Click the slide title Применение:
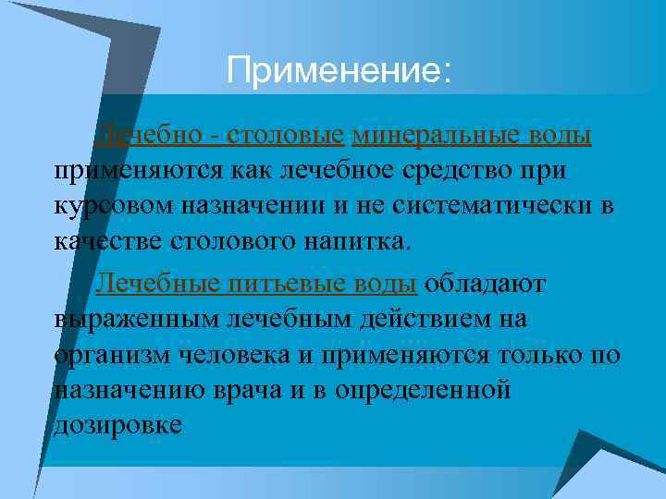coord(339,70)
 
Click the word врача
coord(253,389)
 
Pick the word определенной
coord(422,389)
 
